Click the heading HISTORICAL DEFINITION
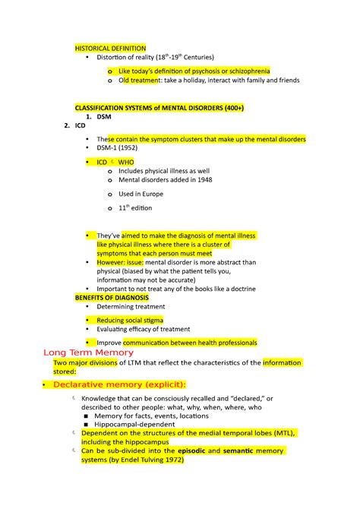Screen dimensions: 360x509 click(x=109, y=47)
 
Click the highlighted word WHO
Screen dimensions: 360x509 click(x=126, y=163)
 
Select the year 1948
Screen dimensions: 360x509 click(x=201, y=180)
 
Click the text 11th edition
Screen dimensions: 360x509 click(x=135, y=207)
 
